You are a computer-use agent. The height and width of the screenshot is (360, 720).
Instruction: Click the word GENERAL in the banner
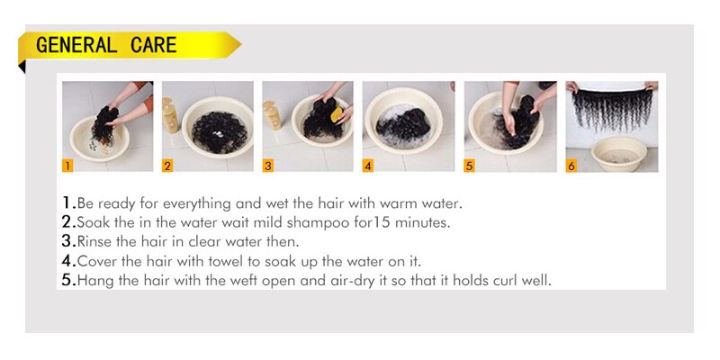click(x=76, y=45)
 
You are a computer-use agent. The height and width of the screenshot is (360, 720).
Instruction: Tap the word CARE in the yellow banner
click(x=153, y=45)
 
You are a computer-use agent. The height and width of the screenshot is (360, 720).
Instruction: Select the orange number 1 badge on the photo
click(x=67, y=166)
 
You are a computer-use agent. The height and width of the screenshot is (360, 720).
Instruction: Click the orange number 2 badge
click(x=167, y=166)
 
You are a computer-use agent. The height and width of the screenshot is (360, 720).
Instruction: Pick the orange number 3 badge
click(x=267, y=166)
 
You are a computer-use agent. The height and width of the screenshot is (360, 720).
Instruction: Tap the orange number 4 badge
click(x=368, y=166)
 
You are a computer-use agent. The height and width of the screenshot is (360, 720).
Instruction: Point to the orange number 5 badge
click(x=469, y=166)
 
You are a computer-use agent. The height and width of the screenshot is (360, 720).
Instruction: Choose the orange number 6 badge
click(x=571, y=166)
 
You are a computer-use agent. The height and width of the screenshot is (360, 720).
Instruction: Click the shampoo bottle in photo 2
click(x=170, y=115)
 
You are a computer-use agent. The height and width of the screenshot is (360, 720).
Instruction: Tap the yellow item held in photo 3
click(x=337, y=115)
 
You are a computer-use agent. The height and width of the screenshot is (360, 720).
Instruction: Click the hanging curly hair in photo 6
click(x=613, y=108)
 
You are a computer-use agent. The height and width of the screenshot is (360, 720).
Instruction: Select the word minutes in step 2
click(x=422, y=222)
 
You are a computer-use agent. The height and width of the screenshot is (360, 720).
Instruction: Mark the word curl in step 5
click(x=503, y=281)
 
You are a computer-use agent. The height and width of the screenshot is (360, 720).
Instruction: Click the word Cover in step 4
click(x=94, y=261)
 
